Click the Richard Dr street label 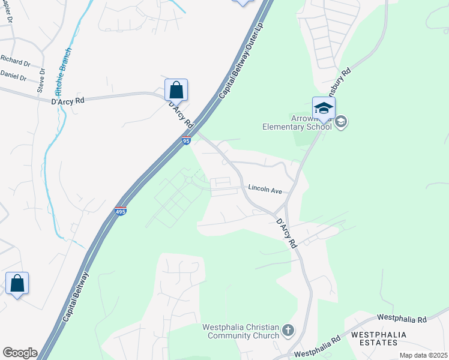click(15, 60)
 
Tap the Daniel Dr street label click(13, 76)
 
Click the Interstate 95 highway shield click(186, 141)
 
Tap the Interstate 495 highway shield click(121, 212)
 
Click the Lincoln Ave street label click(265, 189)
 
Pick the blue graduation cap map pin click(324, 109)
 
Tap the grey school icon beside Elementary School click(341, 122)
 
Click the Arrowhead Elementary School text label click(297, 122)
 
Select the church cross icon click(288, 330)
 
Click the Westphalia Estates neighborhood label click(379, 338)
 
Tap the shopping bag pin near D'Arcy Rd click(176, 91)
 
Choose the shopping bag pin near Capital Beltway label click(17, 284)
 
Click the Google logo click(20, 353)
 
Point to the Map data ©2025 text click(424, 355)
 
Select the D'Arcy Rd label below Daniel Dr click(67, 101)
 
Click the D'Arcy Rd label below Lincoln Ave click(286, 233)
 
